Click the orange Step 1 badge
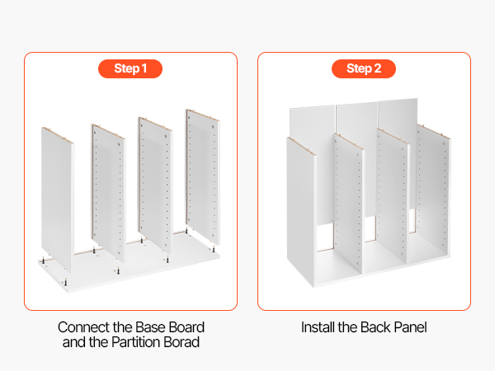pos(130,68)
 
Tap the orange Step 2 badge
pos(364,68)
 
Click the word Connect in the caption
pos(83,327)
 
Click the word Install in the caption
pos(318,327)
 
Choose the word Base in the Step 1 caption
pos(152,327)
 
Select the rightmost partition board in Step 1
pos(203,176)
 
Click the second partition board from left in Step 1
pos(109,193)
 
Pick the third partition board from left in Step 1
pos(155,185)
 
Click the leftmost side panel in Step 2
pos(301,211)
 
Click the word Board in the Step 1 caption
pos(186,327)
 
